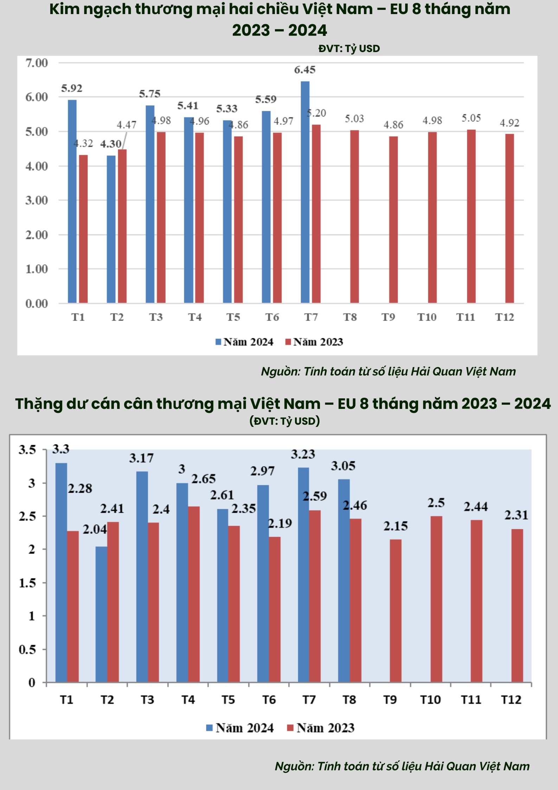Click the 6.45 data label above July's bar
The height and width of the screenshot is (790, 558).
pyautogui.click(x=304, y=70)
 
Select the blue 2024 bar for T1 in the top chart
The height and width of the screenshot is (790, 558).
pyautogui.click(x=72, y=201)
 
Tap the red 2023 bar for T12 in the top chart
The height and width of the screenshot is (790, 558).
pyautogui.click(x=509, y=218)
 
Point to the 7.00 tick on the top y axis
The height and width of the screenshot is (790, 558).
pyautogui.click(x=37, y=63)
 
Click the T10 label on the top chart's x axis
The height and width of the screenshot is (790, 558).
pyautogui.click(x=426, y=317)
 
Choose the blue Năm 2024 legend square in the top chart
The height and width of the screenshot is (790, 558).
pyautogui.click(x=218, y=342)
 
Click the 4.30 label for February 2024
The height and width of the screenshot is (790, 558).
pyautogui.click(x=111, y=144)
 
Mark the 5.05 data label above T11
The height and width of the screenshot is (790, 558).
pyautogui.click(x=471, y=118)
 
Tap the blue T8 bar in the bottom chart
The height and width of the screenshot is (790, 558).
pyautogui.click(x=344, y=581)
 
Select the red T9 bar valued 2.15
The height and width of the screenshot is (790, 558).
pyautogui.click(x=396, y=611)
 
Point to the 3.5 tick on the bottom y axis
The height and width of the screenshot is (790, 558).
pyautogui.click(x=27, y=450)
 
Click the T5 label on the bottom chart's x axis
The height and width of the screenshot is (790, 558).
pyautogui.click(x=228, y=700)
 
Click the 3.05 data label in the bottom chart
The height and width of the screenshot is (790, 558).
pyautogui.click(x=343, y=466)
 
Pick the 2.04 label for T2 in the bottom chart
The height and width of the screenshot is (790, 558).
pyautogui.click(x=95, y=529)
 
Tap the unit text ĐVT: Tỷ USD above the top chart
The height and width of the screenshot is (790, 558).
pyautogui.click(x=349, y=49)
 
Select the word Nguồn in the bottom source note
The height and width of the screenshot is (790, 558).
pyautogui.click(x=294, y=766)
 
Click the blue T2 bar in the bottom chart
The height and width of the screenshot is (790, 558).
pyautogui.click(x=101, y=614)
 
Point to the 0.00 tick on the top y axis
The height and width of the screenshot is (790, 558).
pyautogui.click(x=37, y=303)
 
